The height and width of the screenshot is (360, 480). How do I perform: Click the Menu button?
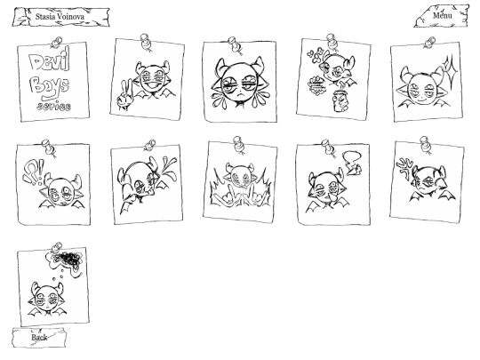coord(442,16)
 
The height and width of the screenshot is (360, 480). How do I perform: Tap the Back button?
coord(39,338)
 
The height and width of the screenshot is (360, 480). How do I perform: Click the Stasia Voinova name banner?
coord(60,17)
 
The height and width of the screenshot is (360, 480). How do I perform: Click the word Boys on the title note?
coord(50,87)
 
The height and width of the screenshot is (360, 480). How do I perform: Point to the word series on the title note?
coord(54,107)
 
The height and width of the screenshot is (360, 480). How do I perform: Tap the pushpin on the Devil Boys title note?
coord(57,43)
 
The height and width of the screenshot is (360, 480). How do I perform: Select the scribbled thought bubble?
coord(66,261)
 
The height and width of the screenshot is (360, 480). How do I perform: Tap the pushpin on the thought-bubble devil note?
coord(57,247)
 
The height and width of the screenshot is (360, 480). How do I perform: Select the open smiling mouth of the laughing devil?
coord(152,85)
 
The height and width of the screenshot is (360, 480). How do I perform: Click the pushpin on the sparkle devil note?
coord(430,42)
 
